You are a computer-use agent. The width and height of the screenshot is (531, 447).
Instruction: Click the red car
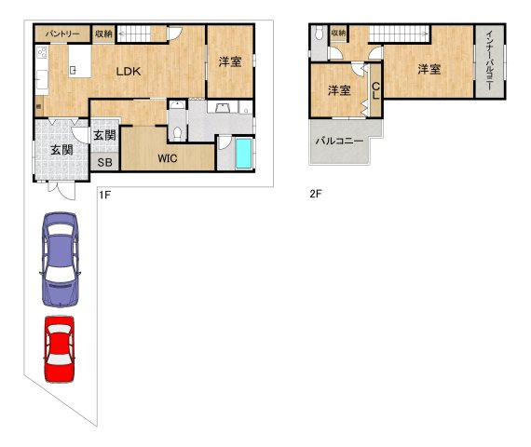(60, 349)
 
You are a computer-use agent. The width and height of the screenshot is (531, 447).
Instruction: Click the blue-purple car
(60, 260)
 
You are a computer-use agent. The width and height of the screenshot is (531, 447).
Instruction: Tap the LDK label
(129, 72)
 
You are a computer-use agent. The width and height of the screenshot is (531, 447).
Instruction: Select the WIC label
(168, 158)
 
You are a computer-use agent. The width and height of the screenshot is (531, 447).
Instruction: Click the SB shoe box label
(104, 163)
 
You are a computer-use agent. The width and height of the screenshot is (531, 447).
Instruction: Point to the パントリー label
(62, 34)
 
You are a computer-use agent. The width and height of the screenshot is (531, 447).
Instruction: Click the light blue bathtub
(243, 153)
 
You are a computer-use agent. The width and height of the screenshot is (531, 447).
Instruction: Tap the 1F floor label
(104, 195)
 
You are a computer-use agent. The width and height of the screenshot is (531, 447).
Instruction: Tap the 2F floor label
(316, 194)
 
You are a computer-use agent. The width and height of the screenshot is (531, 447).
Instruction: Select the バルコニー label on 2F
(339, 141)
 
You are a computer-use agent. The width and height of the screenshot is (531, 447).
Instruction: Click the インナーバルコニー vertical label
(490, 61)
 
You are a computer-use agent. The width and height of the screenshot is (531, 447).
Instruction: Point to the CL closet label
(375, 90)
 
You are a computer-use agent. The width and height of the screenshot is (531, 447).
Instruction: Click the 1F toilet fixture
(177, 133)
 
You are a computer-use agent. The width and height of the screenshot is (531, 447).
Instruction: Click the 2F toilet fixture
(319, 34)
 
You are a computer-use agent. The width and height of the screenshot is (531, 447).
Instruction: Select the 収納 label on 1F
(103, 34)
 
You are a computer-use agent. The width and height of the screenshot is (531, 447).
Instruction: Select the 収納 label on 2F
(338, 33)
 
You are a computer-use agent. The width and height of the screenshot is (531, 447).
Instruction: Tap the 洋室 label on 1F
(230, 62)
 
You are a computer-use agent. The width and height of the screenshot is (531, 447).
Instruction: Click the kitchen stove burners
(42, 52)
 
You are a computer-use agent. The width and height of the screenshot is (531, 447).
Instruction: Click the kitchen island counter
(80, 61)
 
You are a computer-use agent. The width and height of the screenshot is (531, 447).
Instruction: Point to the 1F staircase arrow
(134, 34)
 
